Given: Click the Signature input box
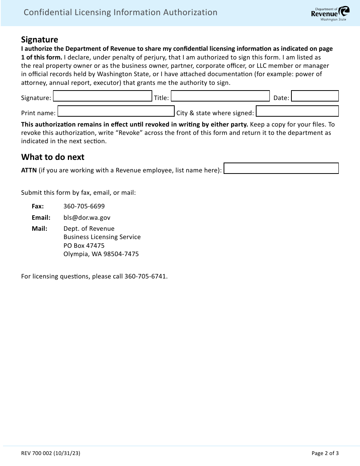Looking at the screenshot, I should [x=102, y=96].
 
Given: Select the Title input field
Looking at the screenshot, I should [x=220, y=96].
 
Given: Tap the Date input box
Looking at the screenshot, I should [x=315, y=96].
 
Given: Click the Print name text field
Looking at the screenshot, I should [x=116, y=111].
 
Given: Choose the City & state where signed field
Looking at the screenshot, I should [x=297, y=111].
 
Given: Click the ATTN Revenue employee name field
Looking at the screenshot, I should [x=281, y=168].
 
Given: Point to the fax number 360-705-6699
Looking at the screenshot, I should [x=84, y=206].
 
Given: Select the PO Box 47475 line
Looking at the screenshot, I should [x=84, y=246].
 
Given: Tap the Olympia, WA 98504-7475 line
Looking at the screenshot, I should [x=101, y=254].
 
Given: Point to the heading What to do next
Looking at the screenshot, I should [x=53, y=157].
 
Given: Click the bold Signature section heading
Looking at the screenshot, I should [x=40, y=40].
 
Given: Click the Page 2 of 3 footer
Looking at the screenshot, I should [x=325, y=453].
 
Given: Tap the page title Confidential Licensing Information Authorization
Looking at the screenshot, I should [x=121, y=13].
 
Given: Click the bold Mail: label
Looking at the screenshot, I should [x=39, y=228].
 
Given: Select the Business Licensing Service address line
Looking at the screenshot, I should [x=102, y=237].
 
